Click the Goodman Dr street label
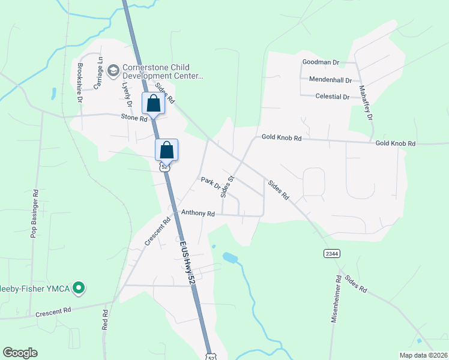(x=321, y=62)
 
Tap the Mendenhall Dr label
(x=330, y=79)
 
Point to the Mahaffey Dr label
(x=366, y=101)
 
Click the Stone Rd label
(x=134, y=119)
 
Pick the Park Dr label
(x=211, y=183)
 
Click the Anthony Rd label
(x=197, y=213)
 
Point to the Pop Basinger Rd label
(x=35, y=215)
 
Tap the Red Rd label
(x=105, y=320)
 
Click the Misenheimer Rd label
(x=337, y=299)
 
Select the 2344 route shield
(x=331, y=253)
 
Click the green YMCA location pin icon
(x=77, y=289)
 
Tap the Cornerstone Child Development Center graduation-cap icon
(x=113, y=71)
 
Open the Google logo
(x=20, y=353)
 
